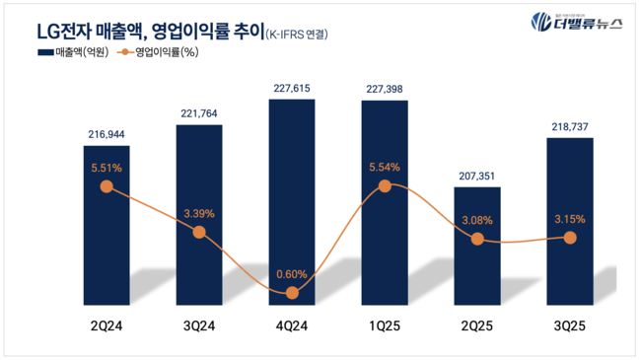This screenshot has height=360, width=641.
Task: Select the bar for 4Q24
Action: pyautogui.click(x=292, y=197)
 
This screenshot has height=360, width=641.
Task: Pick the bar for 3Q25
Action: pyautogui.click(x=570, y=217)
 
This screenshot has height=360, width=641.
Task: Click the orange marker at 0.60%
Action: pyautogui.click(x=292, y=293)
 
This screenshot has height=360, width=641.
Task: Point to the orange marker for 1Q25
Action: pyautogui.click(x=385, y=185)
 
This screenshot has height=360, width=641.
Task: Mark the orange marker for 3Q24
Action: pyautogui.click(x=199, y=232)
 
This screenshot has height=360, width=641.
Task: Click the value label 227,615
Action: pyautogui.click(x=292, y=87)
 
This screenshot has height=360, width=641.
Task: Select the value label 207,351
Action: pyautogui.click(x=477, y=177)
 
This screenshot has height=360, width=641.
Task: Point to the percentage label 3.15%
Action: pyautogui.click(x=570, y=219)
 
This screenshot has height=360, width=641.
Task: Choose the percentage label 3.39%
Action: pyautogui.click(x=199, y=212)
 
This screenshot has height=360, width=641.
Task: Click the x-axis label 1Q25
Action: pyautogui.click(x=385, y=324)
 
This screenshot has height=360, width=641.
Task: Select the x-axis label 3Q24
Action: pyautogui.click(x=199, y=324)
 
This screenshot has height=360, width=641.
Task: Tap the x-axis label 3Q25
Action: pyautogui.click(x=570, y=324)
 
